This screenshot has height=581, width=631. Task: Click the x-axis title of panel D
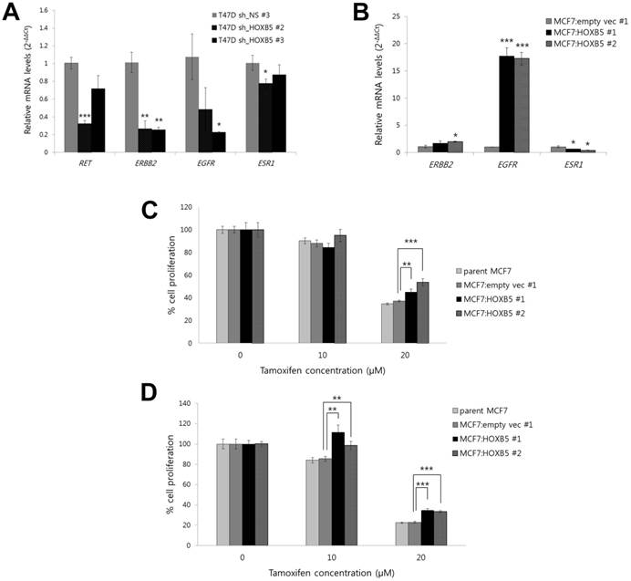coord(325,573)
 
